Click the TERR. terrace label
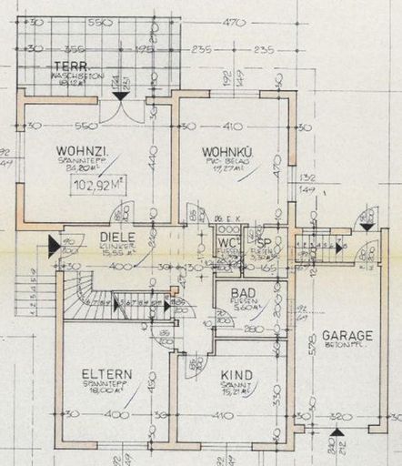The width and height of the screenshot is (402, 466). tap(65, 66)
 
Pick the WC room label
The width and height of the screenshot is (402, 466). tap(226, 244)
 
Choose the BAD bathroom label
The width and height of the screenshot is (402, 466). tap(243, 293)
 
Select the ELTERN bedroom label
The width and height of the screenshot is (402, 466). tap(106, 374)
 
